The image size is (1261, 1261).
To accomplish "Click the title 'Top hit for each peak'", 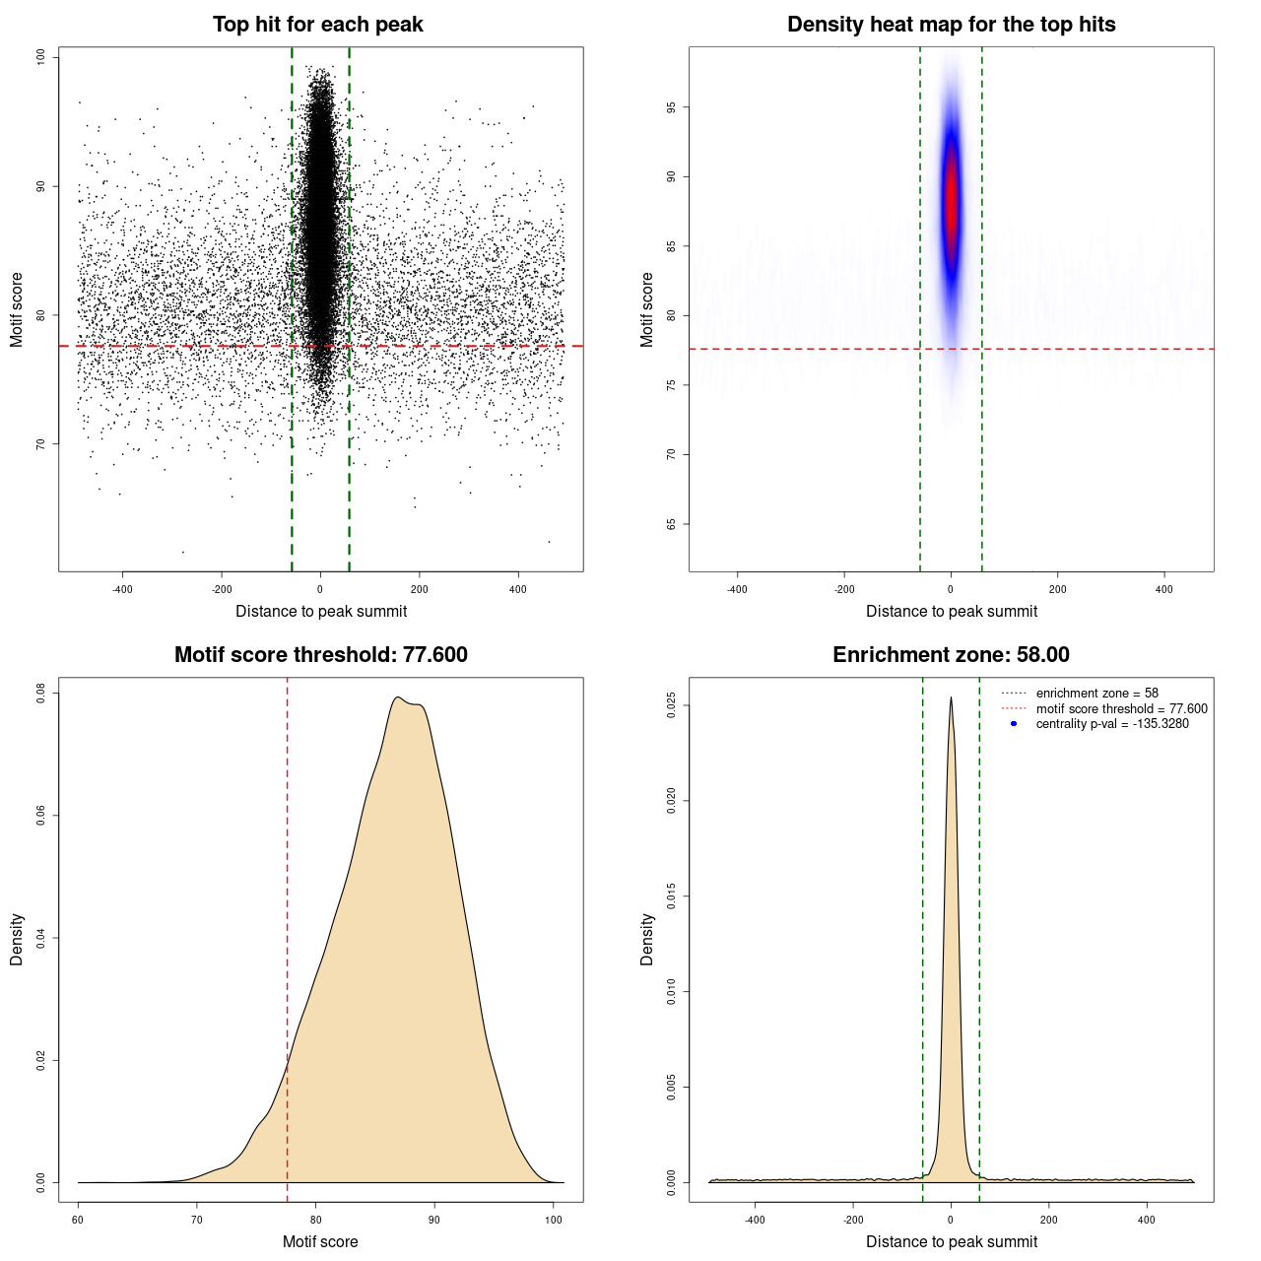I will [317, 25].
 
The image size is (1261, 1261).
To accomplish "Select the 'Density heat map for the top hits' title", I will [951, 25].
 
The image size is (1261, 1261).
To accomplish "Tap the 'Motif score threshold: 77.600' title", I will [320, 655].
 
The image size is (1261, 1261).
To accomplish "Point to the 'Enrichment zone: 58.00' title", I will [951, 655].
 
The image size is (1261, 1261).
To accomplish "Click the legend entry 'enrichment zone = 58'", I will [1096, 694].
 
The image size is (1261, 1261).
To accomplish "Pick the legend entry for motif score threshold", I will [1121, 709].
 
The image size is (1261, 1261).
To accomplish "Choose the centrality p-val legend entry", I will [1112, 724].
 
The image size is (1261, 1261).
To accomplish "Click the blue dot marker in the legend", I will [1014, 724].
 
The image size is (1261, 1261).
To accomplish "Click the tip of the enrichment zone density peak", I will [951, 698].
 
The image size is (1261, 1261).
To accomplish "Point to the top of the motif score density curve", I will [397, 697].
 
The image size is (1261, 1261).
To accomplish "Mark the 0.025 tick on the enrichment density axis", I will [672, 705].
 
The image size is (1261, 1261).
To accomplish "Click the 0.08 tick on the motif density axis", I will [41, 694].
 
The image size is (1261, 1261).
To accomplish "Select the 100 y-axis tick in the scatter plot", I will [41, 57].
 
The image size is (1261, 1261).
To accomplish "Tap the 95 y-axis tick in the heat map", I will [672, 107].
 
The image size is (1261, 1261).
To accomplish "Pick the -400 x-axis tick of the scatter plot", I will [122, 589].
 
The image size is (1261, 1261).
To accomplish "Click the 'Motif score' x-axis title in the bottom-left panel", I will [320, 1241].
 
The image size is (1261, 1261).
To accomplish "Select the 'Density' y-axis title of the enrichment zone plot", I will [647, 939].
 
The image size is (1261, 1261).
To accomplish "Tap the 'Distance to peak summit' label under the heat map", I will [951, 611].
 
